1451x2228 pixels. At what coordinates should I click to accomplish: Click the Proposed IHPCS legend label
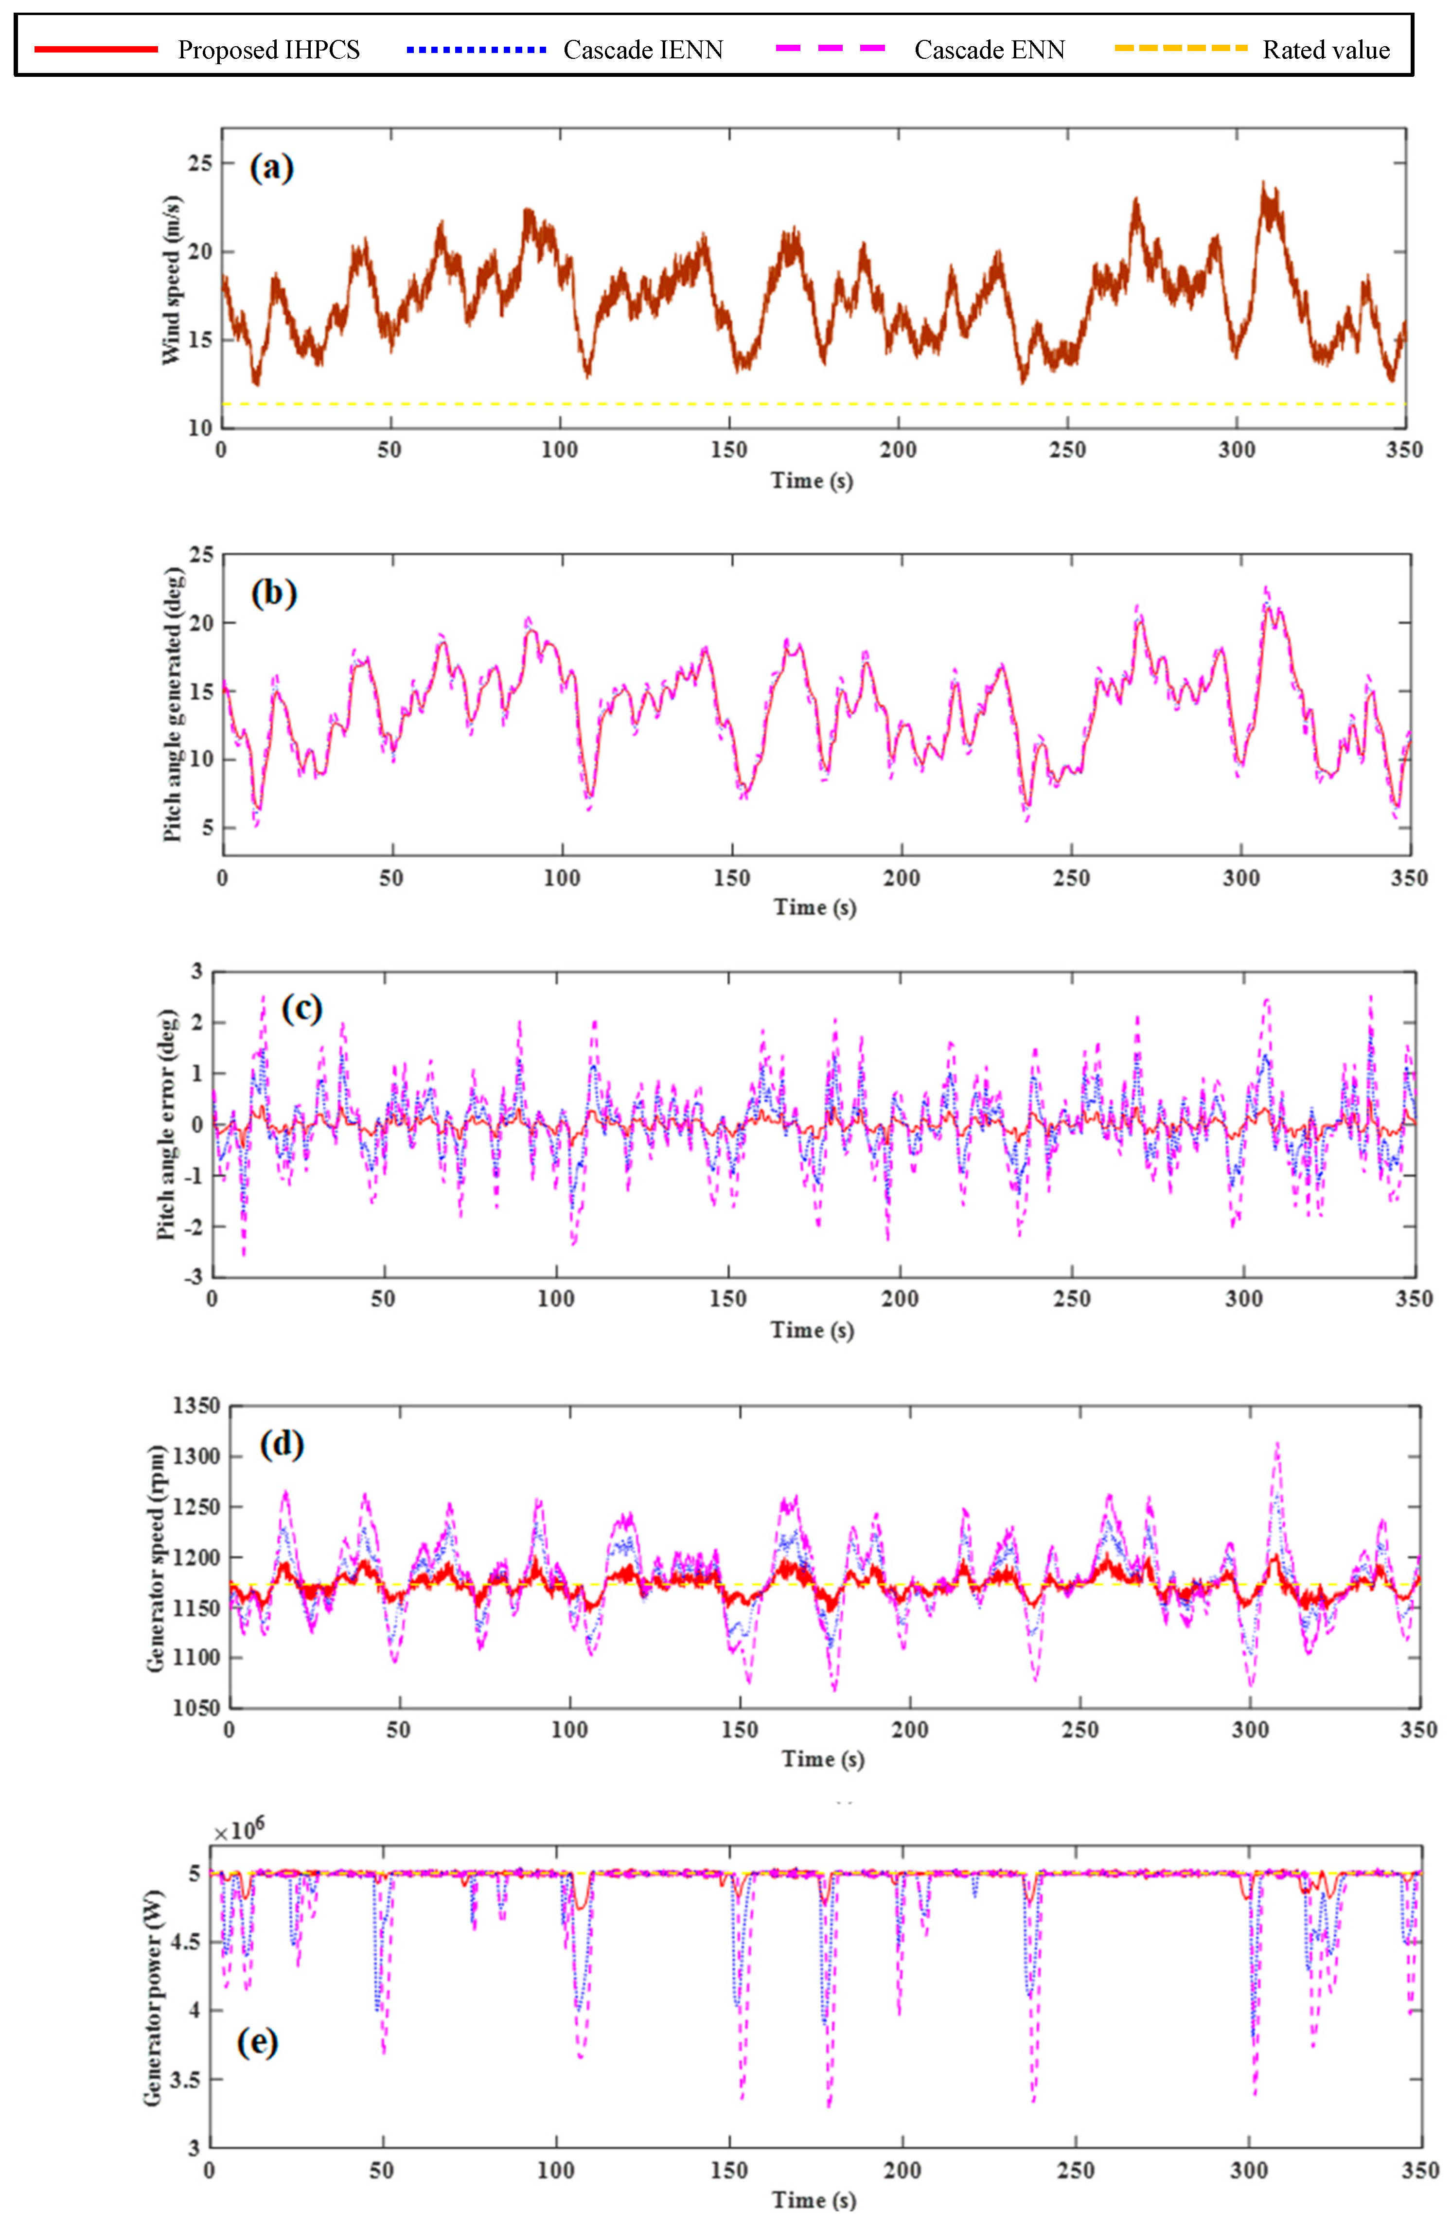269,50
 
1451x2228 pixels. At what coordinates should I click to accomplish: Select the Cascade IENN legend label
643,50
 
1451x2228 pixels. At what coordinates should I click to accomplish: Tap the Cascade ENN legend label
990,50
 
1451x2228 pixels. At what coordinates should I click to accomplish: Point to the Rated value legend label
1326,50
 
